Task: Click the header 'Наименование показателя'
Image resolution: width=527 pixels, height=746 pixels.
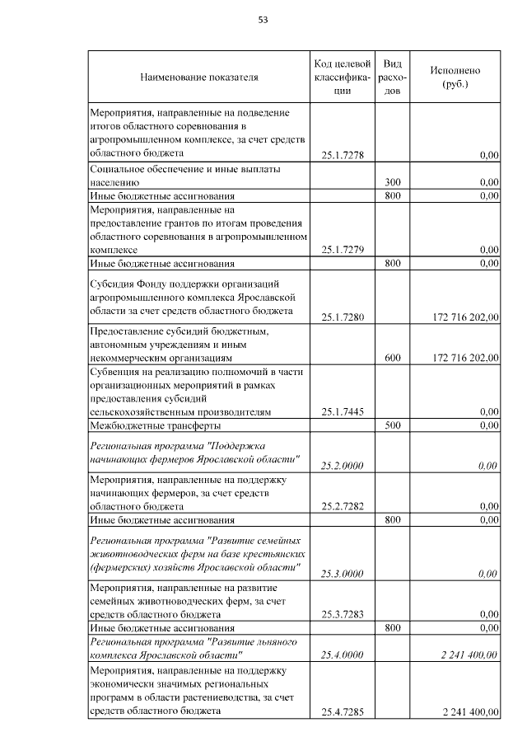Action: point(199,77)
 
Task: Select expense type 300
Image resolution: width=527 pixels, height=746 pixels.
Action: point(393,181)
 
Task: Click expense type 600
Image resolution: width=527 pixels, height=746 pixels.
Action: point(393,358)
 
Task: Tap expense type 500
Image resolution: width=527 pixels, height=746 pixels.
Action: point(393,425)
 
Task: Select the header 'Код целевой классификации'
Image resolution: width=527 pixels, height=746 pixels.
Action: point(343,77)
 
